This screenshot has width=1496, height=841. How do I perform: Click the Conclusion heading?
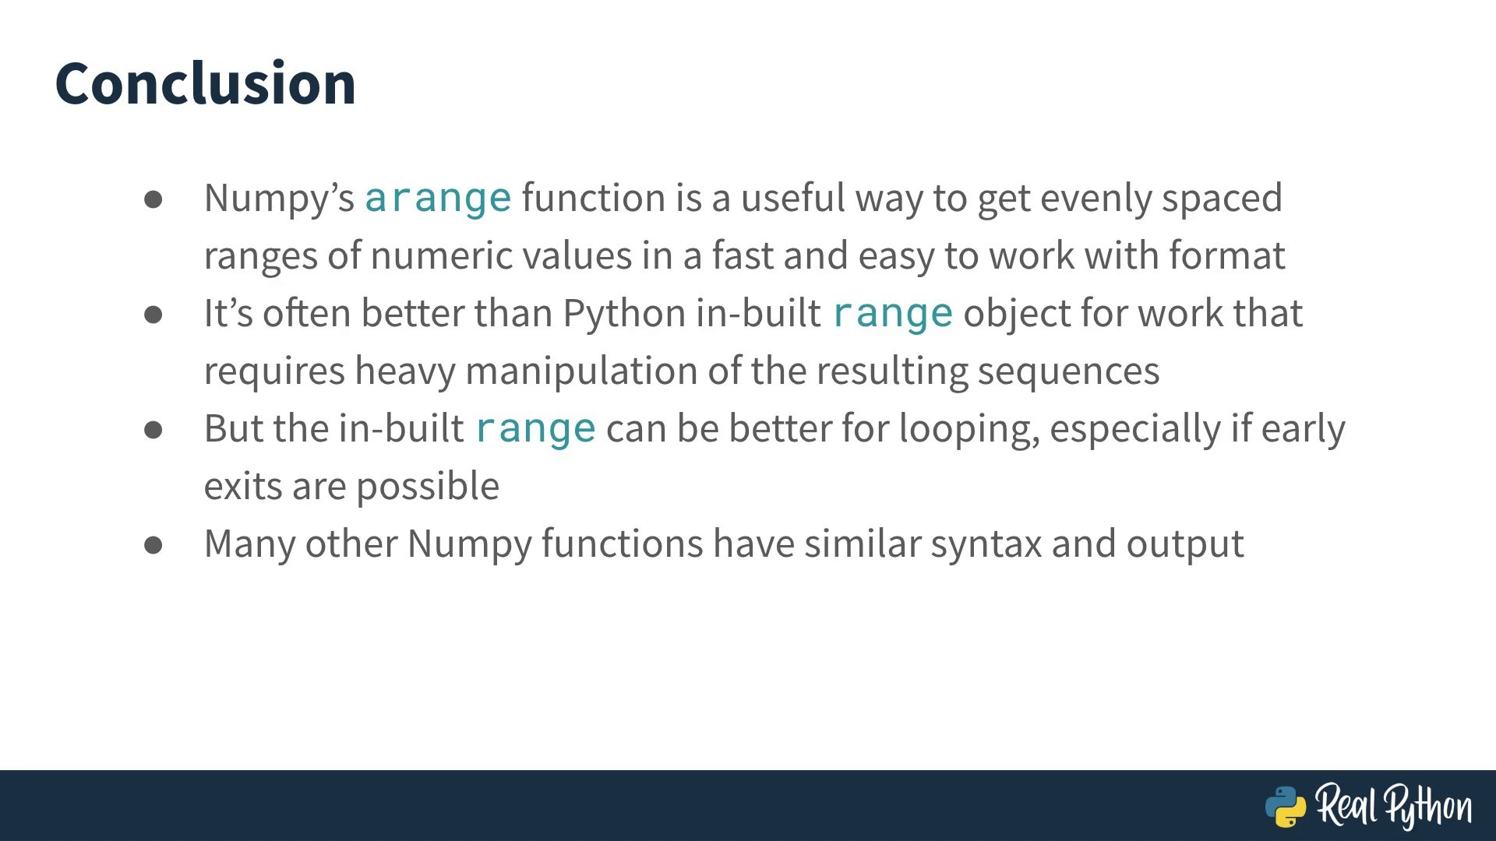tap(206, 83)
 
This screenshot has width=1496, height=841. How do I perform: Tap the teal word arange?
tap(438, 199)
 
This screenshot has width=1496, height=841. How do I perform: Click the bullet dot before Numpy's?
tap(153, 199)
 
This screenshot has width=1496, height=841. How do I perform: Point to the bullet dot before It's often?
tap(153, 315)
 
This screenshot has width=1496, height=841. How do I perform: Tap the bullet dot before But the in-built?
tap(153, 430)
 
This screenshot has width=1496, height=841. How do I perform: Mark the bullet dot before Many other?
tap(153, 545)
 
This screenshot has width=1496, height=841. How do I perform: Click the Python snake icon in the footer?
tap(1285, 807)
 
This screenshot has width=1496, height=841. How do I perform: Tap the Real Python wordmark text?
tap(1394, 806)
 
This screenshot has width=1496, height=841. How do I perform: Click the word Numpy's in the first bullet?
tap(280, 199)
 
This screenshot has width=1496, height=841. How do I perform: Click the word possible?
tap(428, 487)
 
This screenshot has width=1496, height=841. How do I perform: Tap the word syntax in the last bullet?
tap(986, 544)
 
